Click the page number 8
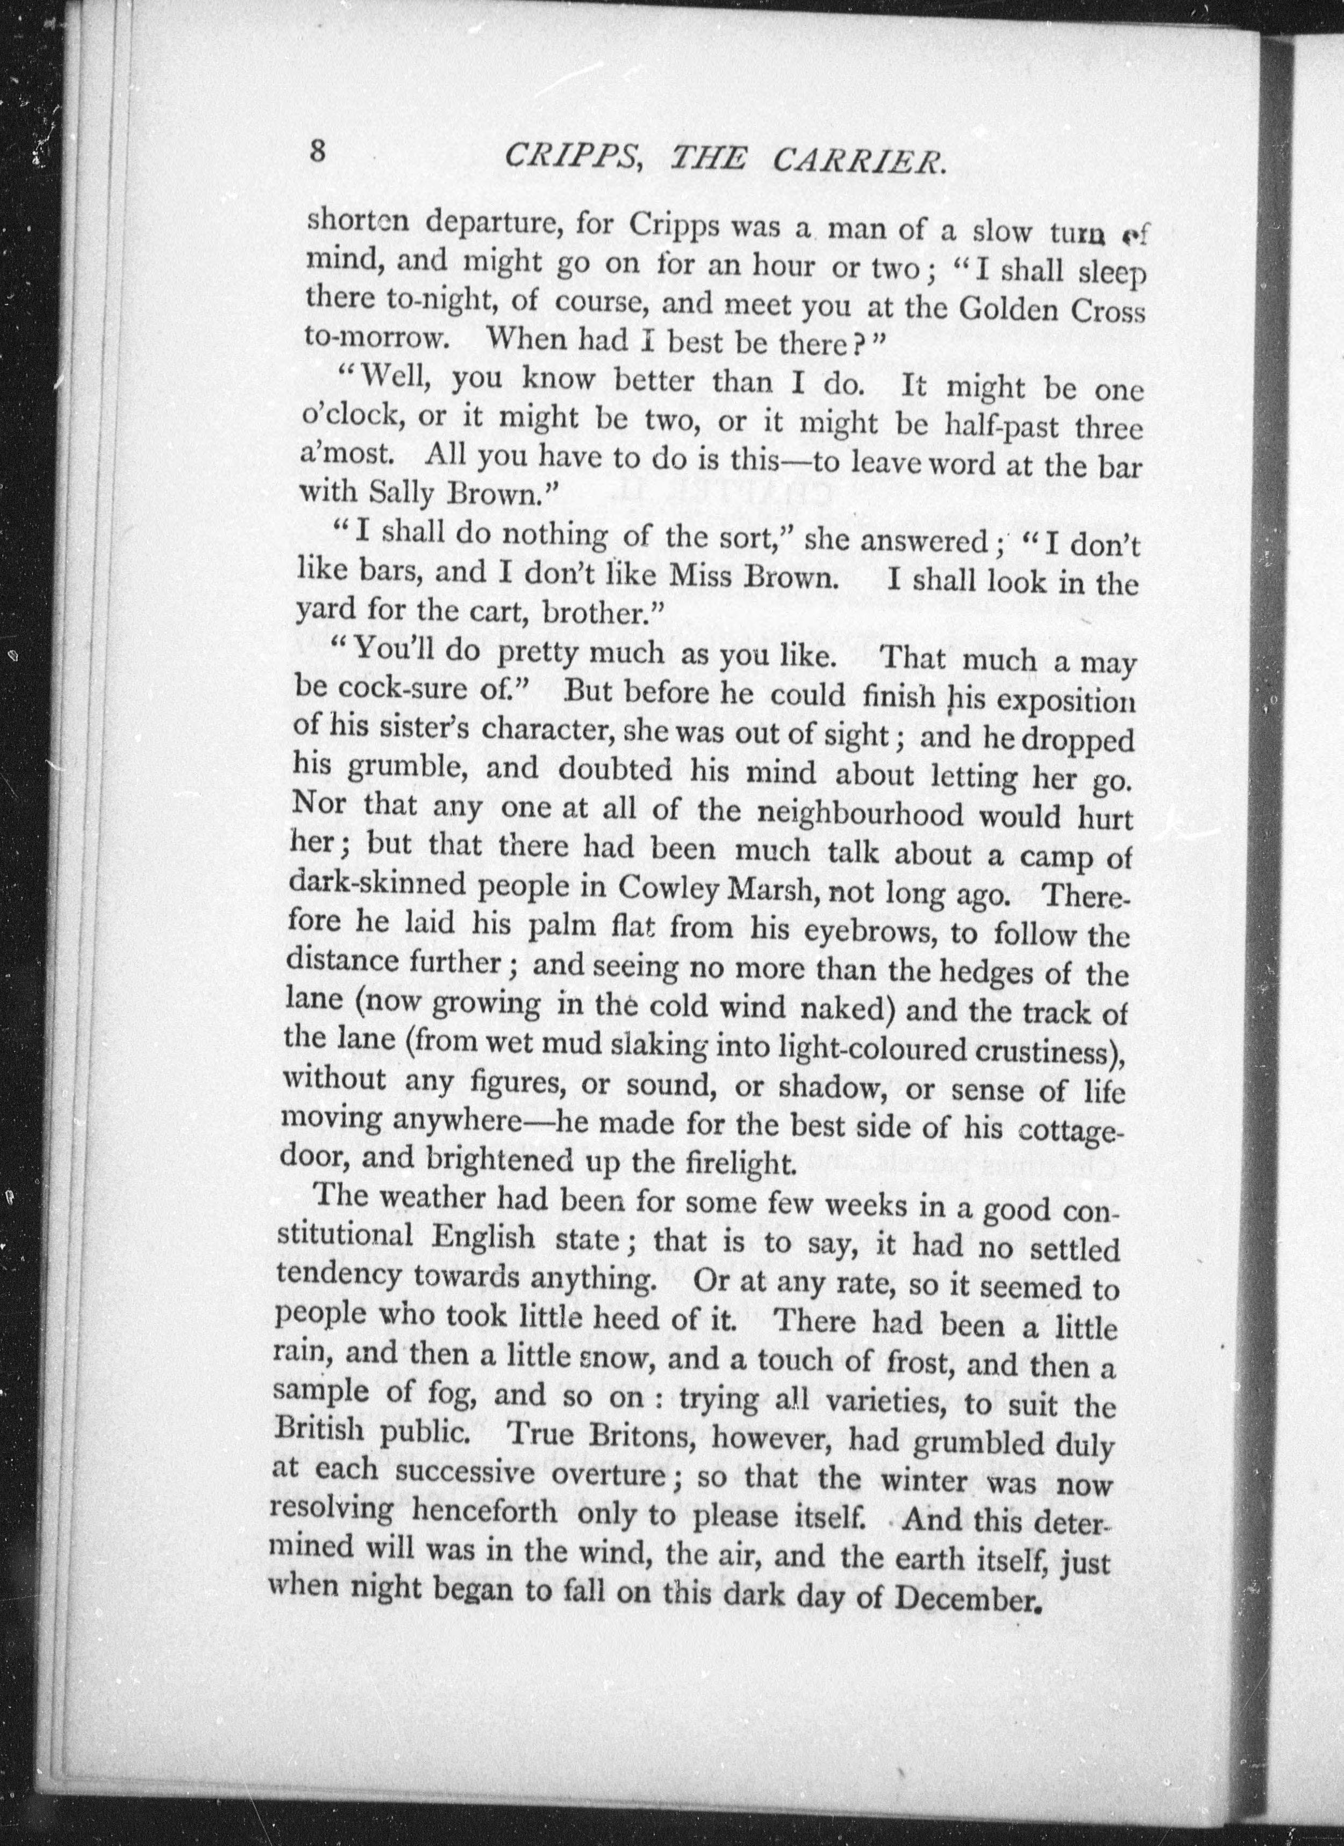pos(317,152)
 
